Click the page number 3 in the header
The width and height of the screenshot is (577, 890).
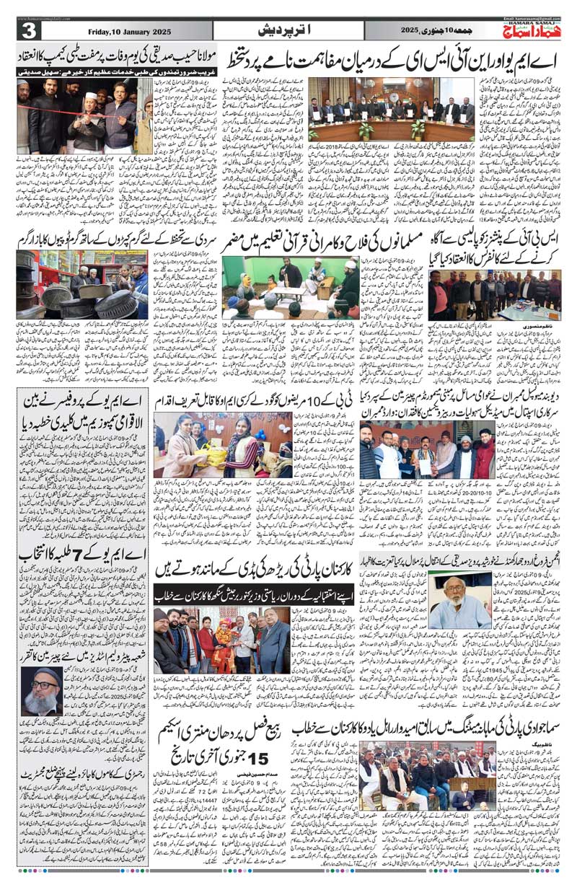(29, 30)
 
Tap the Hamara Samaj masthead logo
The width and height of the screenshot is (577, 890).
(532, 29)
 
